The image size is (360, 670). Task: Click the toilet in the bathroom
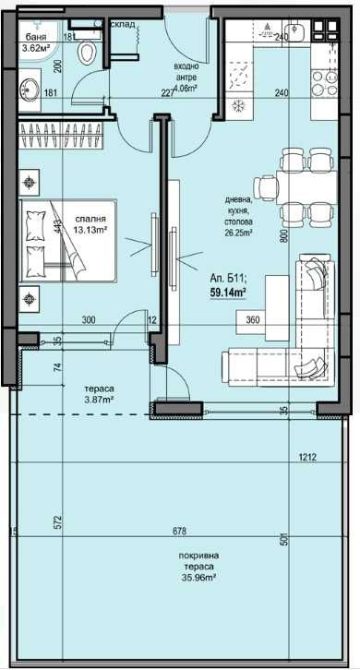pos(89,53)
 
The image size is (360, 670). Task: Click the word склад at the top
pos(125,25)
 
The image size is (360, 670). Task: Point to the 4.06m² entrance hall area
pos(186,90)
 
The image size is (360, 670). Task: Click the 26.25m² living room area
pos(242,233)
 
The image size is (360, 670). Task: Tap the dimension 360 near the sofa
pos(252,319)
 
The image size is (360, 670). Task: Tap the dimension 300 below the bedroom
pos(89,319)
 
